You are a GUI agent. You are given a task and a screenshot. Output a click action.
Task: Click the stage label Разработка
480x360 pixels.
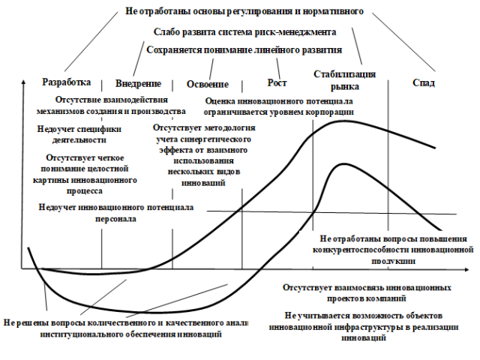[x=67, y=82]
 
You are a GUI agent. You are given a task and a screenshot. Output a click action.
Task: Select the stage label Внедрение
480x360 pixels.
[x=138, y=83]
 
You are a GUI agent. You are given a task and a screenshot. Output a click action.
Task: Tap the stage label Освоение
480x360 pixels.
[x=208, y=84]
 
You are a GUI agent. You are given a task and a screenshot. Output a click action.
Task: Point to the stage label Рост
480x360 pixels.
[x=277, y=83]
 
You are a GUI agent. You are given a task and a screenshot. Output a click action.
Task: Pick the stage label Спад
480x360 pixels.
[x=424, y=82]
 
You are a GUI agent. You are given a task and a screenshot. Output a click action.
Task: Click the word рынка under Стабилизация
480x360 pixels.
[x=345, y=87]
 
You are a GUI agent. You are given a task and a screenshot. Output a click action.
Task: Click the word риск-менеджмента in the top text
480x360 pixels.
[x=295, y=32]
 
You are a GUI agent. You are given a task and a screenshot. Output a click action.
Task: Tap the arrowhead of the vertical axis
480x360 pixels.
[x=22, y=82]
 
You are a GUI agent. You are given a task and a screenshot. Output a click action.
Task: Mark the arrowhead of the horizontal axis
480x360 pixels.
[x=466, y=270]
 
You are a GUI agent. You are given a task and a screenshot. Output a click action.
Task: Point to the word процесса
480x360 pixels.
[x=85, y=191]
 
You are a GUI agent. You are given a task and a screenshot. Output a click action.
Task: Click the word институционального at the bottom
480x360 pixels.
[x=82, y=334]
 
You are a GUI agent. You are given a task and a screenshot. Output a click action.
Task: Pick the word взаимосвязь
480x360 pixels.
[x=358, y=288]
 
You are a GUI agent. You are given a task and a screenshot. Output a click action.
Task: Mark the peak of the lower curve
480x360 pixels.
[x=345, y=164]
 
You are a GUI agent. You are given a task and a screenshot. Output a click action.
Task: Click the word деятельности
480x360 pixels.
[x=79, y=140]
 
